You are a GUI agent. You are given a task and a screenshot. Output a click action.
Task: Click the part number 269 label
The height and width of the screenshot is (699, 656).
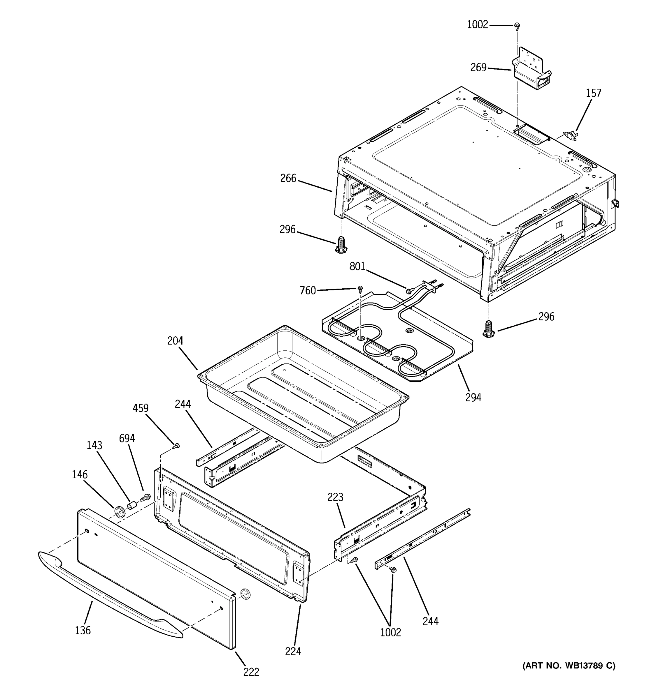click(x=478, y=68)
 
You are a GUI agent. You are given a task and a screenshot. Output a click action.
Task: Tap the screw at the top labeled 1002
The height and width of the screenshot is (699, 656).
click(x=517, y=25)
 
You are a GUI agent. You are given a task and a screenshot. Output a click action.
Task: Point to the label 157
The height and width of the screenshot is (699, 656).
click(x=593, y=93)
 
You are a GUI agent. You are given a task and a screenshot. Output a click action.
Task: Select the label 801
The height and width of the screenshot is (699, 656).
click(x=357, y=266)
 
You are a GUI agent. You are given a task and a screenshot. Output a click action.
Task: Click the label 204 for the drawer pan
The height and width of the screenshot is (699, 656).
click(x=175, y=341)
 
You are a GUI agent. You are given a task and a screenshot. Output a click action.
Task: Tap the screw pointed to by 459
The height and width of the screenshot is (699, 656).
click(x=177, y=446)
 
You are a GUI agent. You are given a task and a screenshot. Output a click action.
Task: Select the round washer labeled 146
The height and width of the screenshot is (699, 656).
click(x=119, y=512)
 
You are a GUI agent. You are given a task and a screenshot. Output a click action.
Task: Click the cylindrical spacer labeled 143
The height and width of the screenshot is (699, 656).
click(x=131, y=506)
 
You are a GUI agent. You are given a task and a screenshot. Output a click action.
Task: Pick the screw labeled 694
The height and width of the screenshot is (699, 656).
click(x=145, y=497)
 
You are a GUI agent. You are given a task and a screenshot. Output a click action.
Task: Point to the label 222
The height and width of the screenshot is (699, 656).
click(x=251, y=672)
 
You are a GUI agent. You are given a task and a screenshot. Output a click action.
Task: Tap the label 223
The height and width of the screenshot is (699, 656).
click(x=335, y=497)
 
